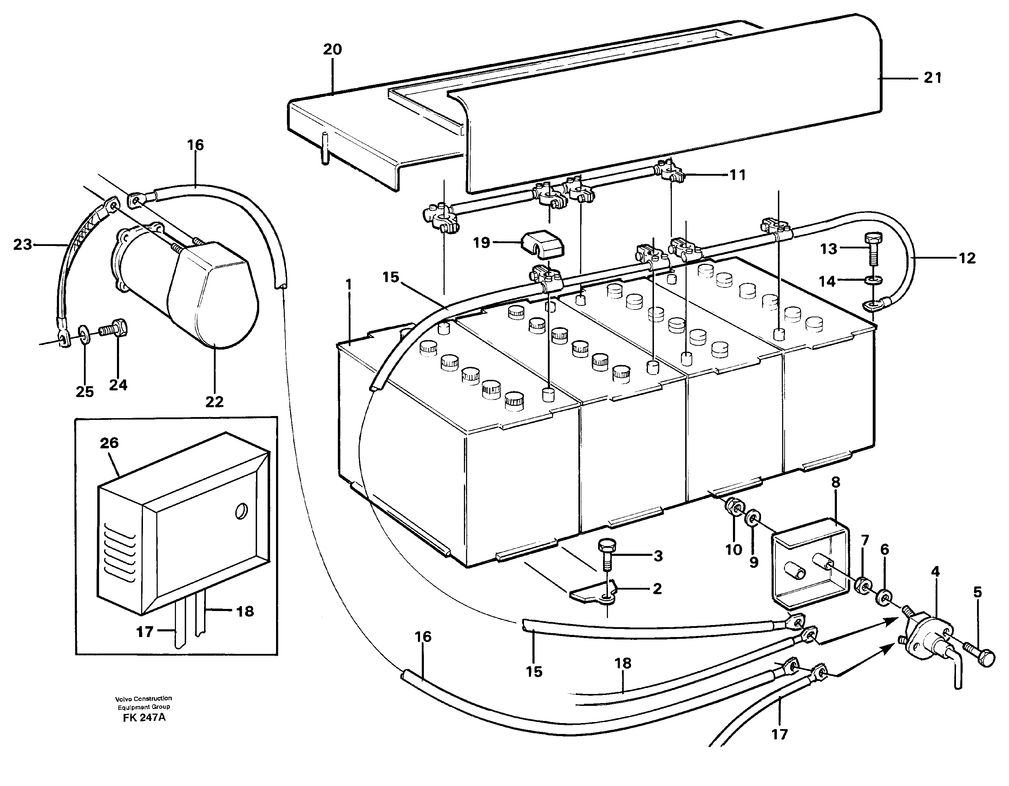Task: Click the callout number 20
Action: [332, 50]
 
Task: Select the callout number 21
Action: [932, 78]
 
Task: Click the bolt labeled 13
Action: [873, 246]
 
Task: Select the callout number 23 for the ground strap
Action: [22, 245]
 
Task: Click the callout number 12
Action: [967, 258]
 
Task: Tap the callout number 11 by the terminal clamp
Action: [738, 175]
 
